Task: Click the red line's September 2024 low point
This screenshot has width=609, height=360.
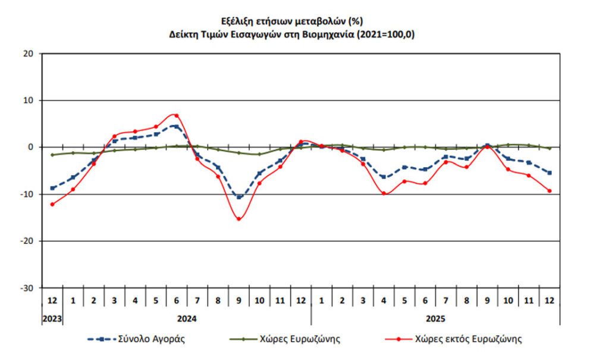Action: coord(238,219)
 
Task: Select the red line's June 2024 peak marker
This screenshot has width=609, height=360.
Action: coord(176,115)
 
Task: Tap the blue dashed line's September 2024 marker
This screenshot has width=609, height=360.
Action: coord(238,196)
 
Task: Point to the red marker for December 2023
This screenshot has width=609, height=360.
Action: coord(52,204)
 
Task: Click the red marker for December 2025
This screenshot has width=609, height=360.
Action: coord(549,191)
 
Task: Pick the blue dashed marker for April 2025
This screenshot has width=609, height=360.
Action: coord(384,177)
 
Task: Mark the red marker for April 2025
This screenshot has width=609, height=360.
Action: coord(384,193)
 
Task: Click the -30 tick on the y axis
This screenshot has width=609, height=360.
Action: coord(29,288)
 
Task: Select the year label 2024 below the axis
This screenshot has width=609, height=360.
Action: coord(187,319)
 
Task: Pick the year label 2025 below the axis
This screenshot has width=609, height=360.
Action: coord(435,319)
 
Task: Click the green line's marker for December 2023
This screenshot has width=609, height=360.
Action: coord(52,155)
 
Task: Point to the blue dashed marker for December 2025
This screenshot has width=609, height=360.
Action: coord(549,173)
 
